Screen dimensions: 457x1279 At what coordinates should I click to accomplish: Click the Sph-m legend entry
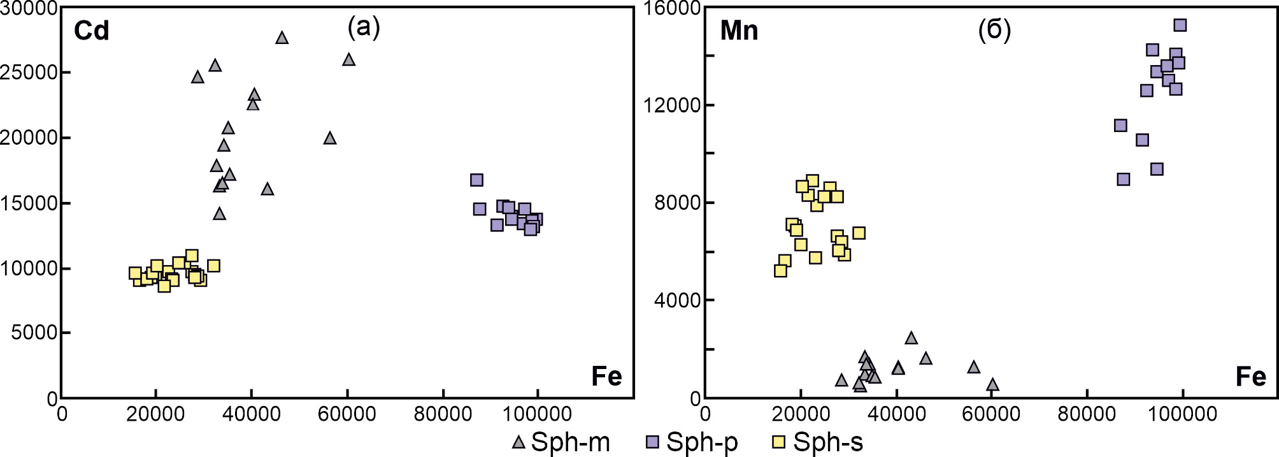point(561,442)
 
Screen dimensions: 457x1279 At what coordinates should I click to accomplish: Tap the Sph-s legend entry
point(818,442)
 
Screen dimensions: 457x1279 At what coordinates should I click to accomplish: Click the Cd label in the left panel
point(91,31)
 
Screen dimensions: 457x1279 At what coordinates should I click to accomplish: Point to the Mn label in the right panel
point(739,31)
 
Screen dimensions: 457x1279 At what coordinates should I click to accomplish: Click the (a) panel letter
point(364,27)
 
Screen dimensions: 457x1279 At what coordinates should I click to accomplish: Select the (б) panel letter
point(994,29)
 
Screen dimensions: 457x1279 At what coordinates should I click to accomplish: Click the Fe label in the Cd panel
point(606,376)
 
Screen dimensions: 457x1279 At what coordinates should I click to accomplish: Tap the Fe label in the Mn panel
point(1250,377)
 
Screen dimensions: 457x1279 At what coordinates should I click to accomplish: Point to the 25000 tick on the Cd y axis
point(29,72)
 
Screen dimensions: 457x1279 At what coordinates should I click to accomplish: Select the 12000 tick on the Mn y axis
point(672,105)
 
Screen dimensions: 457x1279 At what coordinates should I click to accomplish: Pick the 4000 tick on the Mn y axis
point(677,300)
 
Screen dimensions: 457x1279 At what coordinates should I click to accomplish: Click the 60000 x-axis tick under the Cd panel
point(347,414)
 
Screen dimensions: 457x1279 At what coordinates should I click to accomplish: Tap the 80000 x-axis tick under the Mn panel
point(1087,414)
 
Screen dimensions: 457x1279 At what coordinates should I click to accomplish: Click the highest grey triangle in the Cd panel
point(282,38)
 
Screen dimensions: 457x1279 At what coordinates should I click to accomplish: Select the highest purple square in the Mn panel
point(1180,25)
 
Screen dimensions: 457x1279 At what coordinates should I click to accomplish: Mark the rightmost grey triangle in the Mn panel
point(992,384)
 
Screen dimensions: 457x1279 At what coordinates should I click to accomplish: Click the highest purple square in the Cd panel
point(476,180)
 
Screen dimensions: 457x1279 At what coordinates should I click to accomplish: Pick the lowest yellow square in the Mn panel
point(780,271)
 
